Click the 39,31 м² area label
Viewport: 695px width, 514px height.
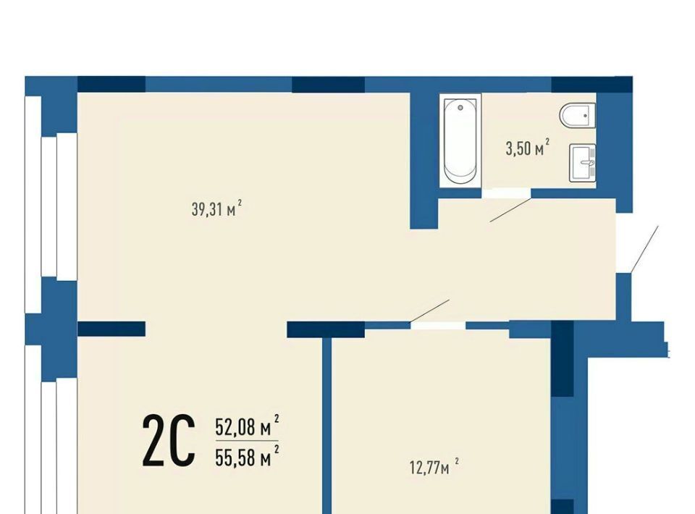tap(216, 208)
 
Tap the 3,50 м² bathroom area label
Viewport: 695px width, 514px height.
tap(528, 148)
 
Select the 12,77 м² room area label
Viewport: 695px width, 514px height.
tap(434, 467)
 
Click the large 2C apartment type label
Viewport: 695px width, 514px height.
tap(169, 440)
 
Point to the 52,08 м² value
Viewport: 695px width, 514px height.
tap(247, 426)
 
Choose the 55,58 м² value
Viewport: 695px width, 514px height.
tap(247, 456)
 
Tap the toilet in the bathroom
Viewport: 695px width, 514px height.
tap(577, 115)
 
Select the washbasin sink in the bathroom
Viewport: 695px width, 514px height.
tap(583, 163)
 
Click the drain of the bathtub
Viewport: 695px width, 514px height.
tap(460, 108)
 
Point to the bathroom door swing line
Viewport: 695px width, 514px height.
tap(510, 210)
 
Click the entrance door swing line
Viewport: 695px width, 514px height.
tap(644, 249)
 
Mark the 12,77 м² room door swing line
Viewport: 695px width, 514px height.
tap(429, 311)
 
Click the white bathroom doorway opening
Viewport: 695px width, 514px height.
tap(506, 193)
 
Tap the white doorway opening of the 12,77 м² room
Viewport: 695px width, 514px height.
tap(438, 326)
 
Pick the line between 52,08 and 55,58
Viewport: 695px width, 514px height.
tap(247, 441)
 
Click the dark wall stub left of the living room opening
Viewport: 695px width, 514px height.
tap(111, 329)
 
